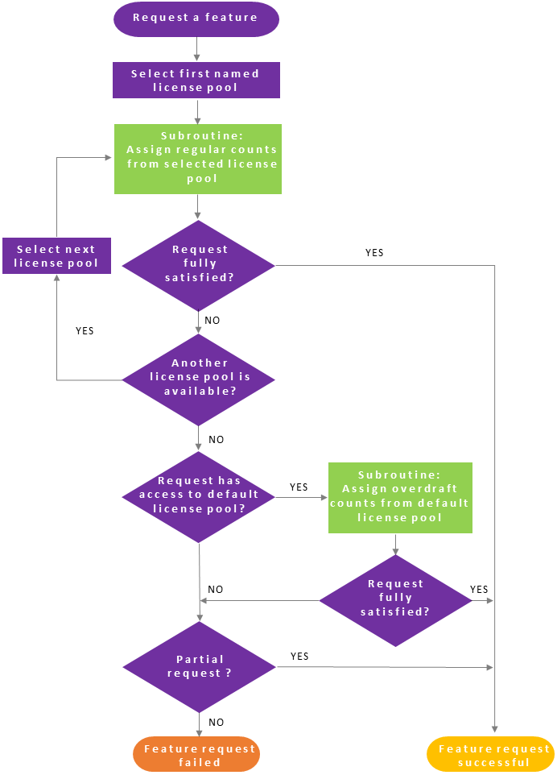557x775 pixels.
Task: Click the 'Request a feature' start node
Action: tap(196, 19)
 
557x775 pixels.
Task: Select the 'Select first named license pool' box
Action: tap(196, 81)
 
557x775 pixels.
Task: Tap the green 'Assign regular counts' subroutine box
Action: tap(198, 159)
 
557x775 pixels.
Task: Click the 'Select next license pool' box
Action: tap(56, 255)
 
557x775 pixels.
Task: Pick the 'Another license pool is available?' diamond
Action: tap(198, 379)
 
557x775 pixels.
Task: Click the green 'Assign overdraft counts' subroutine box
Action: tap(400, 497)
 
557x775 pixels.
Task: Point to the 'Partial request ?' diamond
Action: tap(198, 666)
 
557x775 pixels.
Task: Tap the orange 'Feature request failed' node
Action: tap(196, 755)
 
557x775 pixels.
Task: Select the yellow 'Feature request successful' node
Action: tap(490, 755)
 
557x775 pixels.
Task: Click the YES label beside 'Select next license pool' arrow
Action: tap(85, 331)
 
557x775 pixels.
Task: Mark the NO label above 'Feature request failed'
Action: tap(217, 723)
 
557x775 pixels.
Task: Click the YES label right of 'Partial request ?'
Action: tap(299, 657)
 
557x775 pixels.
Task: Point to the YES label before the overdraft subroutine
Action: tap(299, 487)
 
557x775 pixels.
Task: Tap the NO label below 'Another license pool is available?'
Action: tap(217, 440)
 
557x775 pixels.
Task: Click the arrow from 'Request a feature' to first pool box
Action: tap(196, 50)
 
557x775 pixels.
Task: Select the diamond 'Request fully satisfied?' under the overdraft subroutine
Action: tap(395, 599)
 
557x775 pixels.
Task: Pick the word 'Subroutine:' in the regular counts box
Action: tap(198, 136)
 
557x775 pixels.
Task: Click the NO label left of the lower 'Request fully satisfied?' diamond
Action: tap(216, 590)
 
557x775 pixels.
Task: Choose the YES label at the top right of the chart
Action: tap(374, 253)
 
